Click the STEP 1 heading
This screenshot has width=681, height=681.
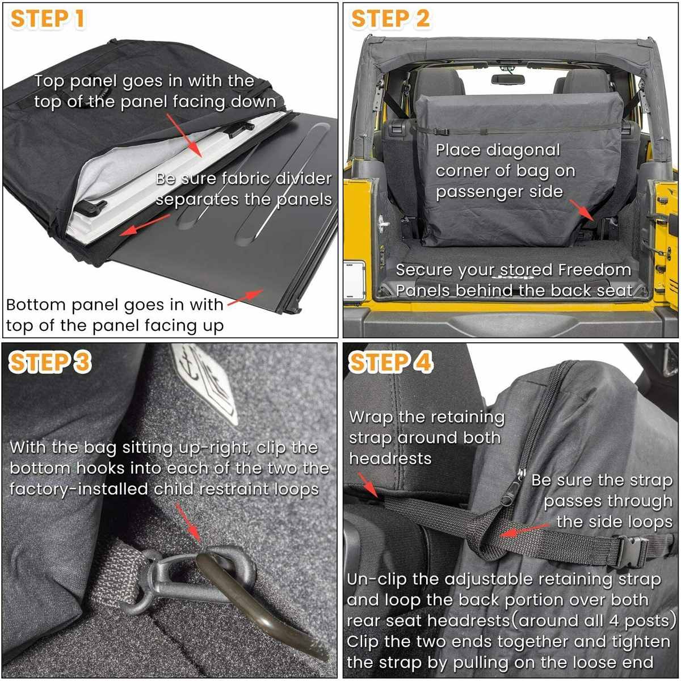[x=48, y=19]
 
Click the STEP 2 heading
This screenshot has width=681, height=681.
[x=390, y=19]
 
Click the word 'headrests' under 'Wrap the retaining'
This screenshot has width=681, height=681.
[x=390, y=459]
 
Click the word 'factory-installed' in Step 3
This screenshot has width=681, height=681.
[x=79, y=489]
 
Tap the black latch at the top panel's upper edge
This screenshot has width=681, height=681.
[x=238, y=128]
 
